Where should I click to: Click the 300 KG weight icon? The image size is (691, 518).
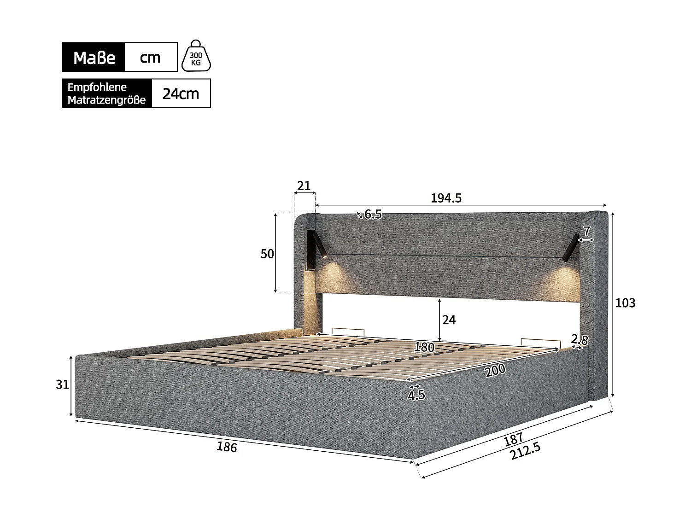(196, 57)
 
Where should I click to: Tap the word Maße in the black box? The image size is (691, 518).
(94, 58)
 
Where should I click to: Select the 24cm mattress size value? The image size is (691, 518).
(181, 94)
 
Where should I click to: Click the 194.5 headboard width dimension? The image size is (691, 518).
(446, 198)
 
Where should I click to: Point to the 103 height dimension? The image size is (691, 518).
(625, 303)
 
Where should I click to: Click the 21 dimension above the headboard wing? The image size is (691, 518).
(304, 186)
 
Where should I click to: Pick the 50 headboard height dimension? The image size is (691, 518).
(267, 254)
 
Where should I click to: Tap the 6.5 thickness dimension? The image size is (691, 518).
(373, 214)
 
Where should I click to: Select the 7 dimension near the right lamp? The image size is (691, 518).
(586, 230)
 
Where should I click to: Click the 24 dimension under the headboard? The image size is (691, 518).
(449, 320)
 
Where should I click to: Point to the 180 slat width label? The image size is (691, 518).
(424, 348)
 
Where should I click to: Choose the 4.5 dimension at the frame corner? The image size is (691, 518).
(416, 396)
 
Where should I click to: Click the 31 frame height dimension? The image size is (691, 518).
(62, 384)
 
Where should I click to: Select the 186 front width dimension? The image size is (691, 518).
(227, 447)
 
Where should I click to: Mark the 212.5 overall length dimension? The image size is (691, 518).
(525, 452)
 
